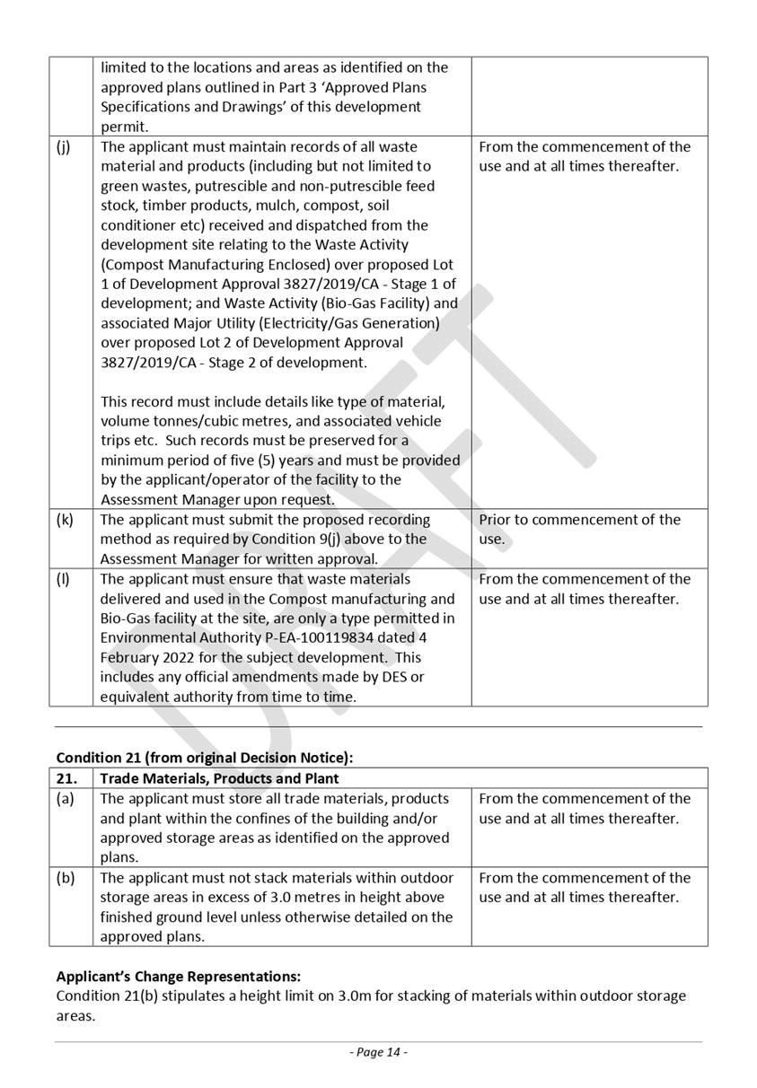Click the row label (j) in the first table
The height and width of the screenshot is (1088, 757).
click(x=63, y=147)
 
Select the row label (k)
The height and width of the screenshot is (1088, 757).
click(x=64, y=521)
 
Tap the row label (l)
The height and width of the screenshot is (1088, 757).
click(x=63, y=580)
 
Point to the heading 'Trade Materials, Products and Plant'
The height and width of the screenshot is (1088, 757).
click(x=220, y=778)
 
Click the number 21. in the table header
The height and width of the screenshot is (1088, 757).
click(x=66, y=778)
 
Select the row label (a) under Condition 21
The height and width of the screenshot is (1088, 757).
click(x=65, y=799)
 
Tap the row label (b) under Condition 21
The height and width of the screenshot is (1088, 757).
click(x=65, y=878)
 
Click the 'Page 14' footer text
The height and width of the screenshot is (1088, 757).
click(x=378, y=1052)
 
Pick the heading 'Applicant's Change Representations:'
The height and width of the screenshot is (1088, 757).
click(x=178, y=976)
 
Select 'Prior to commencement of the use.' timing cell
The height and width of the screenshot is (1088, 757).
click(x=579, y=530)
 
